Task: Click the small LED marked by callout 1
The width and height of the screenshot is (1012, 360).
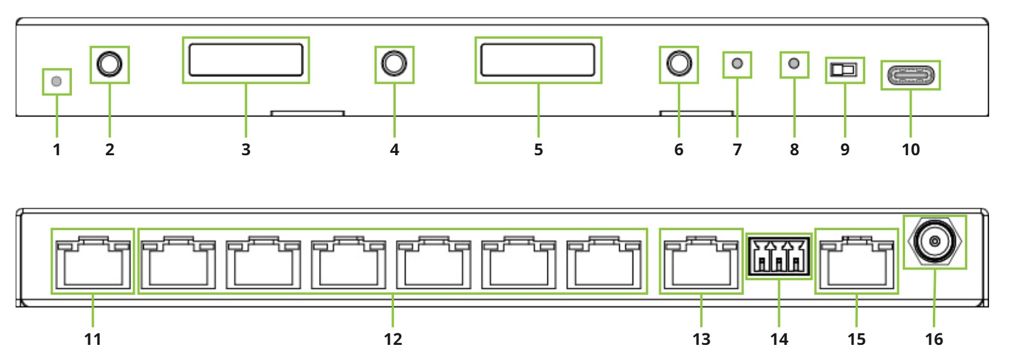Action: pyautogui.click(x=56, y=82)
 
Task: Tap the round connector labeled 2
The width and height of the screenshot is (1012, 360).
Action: pyautogui.click(x=109, y=64)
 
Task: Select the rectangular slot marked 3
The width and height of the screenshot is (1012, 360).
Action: pyautogui.click(x=246, y=60)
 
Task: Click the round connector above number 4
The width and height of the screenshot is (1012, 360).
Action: pyautogui.click(x=394, y=64)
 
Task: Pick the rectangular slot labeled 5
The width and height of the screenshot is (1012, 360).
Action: pyautogui.click(x=538, y=60)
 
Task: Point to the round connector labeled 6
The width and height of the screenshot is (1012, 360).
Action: pyautogui.click(x=678, y=64)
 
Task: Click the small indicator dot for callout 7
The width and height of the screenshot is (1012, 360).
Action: pyautogui.click(x=737, y=63)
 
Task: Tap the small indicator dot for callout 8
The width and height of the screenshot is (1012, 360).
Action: pyautogui.click(x=794, y=63)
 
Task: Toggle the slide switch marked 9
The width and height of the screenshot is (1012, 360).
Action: pyautogui.click(x=844, y=70)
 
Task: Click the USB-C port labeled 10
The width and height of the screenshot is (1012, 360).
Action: pyautogui.click(x=910, y=76)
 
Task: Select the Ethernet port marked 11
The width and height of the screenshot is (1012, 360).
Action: pyautogui.click(x=92, y=263)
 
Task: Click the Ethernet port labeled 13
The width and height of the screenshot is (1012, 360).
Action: pyautogui.click(x=701, y=263)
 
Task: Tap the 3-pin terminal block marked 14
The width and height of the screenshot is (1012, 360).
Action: pyautogui.click(x=779, y=256)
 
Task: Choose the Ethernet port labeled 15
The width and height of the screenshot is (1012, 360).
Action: pyautogui.click(x=857, y=263)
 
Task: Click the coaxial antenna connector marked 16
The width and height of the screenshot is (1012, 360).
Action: pyautogui.click(x=935, y=242)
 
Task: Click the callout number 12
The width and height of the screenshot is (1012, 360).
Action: pyautogui.click(x=393, y=339)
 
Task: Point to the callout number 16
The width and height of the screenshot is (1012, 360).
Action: pyautogui.click(x=934, y=339)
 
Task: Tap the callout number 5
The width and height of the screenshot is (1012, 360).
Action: pyautogui.click(x=538, y=150)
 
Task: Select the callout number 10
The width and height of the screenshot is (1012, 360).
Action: pyautogui.click(x=910, y=150)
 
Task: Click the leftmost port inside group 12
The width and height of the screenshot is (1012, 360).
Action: pyautogui.click(x=178, y=263)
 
